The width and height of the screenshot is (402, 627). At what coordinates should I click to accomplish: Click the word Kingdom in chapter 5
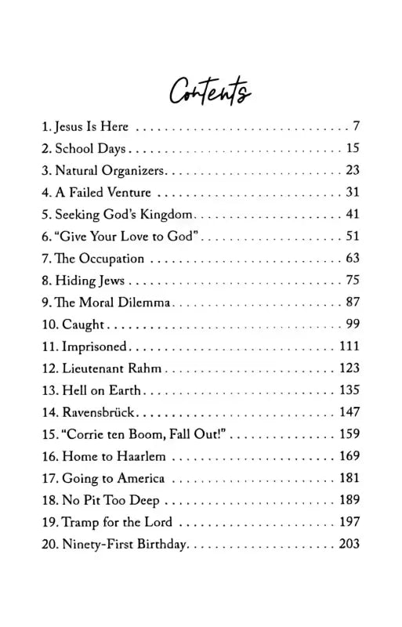[164, 214]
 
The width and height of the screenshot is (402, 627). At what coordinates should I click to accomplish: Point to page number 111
[348, 346]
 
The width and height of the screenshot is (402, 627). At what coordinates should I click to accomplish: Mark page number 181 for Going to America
[348, 479]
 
